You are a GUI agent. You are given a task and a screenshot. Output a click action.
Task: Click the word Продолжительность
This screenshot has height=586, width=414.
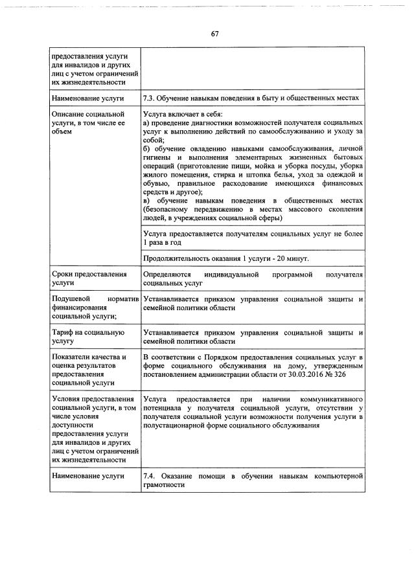pyautogui.click(x=176, y=259)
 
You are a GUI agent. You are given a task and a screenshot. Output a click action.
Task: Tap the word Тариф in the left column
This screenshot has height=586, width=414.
pyautogui.click(x=64, y=332)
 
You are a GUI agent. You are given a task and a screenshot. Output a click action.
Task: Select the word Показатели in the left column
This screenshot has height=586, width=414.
pyautogui.click(x=73, y=356)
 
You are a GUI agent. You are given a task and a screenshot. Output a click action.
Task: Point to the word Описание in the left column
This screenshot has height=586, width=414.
pyautogui.click(x=70, y=113)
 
